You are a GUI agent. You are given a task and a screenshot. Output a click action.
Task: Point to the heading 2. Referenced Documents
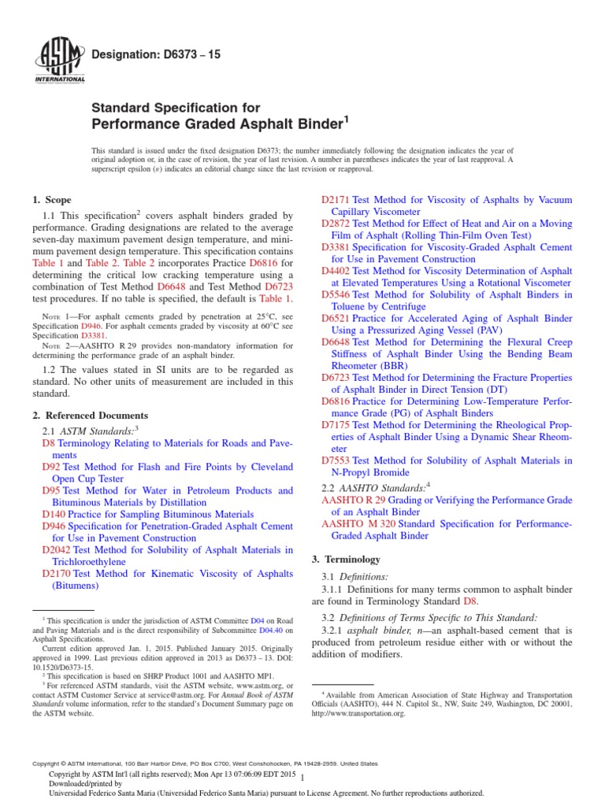pos(90,415)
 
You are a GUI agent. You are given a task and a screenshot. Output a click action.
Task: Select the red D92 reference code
pos(51,467)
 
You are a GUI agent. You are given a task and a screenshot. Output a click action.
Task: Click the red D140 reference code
pos(54,514)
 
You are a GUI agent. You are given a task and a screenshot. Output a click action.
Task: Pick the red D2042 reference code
pos(57,549)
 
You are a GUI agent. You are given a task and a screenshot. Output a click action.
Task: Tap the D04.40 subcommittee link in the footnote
pos(273,630)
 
